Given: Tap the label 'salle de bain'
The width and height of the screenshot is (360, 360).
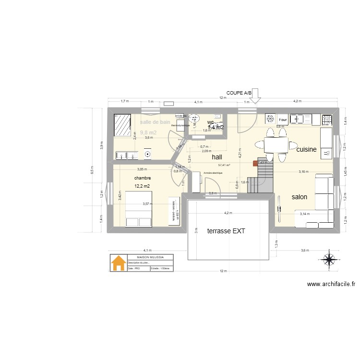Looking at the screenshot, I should (x=155, y=122).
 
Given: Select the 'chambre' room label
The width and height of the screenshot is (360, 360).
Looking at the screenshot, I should (x=143, y=178).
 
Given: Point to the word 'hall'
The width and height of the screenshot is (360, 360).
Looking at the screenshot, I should (x=217, y=157).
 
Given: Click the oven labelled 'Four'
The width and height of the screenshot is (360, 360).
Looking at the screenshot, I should (x=283, y=120).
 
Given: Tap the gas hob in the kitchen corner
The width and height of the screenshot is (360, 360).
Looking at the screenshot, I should (x=327, y=119).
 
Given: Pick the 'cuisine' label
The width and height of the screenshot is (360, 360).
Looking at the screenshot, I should (x=306, y=150).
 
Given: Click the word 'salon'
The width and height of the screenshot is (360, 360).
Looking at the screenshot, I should (x=300, y=197).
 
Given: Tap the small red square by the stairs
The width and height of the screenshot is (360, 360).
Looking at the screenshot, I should (x=255, y=163).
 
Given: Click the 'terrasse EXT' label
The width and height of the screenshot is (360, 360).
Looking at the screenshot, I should (x=226, y=231).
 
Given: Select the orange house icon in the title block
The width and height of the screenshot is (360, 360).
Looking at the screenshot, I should (x=117, y=263).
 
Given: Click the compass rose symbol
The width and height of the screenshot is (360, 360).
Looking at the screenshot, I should (x=329, y=260).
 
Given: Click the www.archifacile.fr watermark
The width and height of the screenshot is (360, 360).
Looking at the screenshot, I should (x=331, y=284).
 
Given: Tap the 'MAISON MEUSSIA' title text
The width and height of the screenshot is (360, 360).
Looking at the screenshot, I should (x=144, y=257).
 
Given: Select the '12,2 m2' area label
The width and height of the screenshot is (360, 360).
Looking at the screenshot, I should (x=142, y=186).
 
